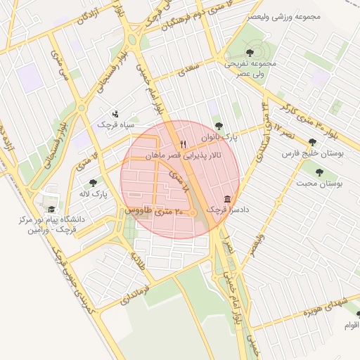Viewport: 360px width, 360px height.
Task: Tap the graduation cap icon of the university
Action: point(51,209)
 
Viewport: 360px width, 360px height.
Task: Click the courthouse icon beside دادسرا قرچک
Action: point(227,199)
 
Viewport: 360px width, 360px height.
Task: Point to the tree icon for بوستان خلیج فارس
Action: point(312,141)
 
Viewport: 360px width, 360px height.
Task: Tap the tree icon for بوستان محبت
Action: point(320,172)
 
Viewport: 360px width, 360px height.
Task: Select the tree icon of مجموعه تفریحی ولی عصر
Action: point(251,51)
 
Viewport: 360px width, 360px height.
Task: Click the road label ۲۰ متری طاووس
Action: point(154,210)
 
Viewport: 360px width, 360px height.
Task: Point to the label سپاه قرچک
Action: point(112,124)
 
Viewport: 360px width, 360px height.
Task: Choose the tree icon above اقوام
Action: point(358,314)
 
